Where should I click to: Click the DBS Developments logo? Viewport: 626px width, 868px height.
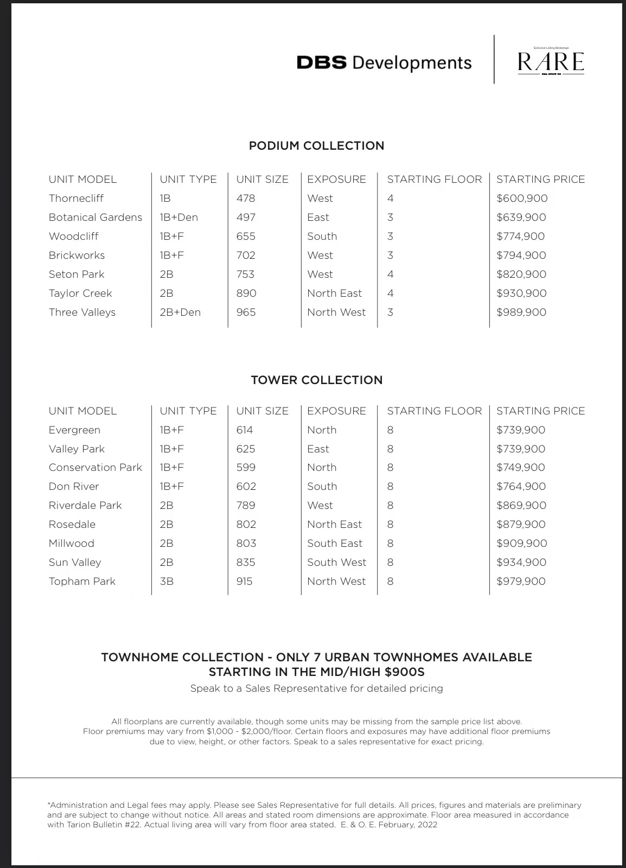pos(384,63)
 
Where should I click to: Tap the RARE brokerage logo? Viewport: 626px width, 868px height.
pos(551,62)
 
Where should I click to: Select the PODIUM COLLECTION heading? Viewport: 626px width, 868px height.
pos(316,146)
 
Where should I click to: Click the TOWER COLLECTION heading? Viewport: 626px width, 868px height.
pos(316,380)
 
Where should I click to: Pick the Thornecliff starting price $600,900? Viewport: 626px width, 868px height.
pos(522,199)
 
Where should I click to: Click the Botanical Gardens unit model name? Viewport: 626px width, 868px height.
pos(95,218)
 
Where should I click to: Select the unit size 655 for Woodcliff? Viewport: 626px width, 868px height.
pos(246,237)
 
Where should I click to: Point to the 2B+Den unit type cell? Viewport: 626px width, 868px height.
pos(180,312)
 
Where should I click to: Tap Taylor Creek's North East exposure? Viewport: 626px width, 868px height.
pos(334,293)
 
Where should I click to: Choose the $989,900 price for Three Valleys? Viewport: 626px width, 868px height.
pos(521,312)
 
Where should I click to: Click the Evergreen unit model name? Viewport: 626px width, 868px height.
pos(74,430)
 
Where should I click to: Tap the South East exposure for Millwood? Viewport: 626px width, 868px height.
pos(335,544)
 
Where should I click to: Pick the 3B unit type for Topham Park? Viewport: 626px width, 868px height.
pos(167,582)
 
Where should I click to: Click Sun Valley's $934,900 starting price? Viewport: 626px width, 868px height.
pos(521,563)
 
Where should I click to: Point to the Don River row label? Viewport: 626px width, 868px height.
pos(74,487)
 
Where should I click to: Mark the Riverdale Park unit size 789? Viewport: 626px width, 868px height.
pos(246,506)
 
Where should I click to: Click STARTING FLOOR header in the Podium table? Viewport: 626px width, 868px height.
pos(434,180)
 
